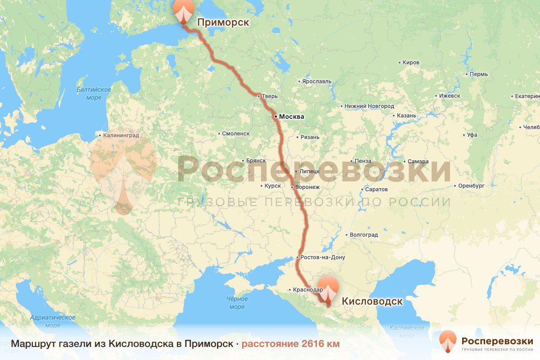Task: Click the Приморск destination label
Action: [x=223, y=22]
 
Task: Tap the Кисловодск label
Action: [x=372, y=301]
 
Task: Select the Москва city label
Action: [x=291, y=117]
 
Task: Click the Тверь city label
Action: [x=270, y=96]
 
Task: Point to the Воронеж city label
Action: [x=307, y=187]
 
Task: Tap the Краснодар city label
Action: [x=308, y=290]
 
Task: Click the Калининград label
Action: [x=121, y=135]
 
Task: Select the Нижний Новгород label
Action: [x=369, y=106]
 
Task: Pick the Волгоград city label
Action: [x=364, y=234]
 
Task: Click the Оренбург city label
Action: [x=471, y=185]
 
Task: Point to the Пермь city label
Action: [x=478, y=74]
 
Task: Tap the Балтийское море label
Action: [x=94, y=94]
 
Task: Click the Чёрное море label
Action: [x=237, y=302]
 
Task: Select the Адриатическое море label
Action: [x=53, y=321]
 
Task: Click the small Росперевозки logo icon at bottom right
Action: [x=448, y=341]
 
